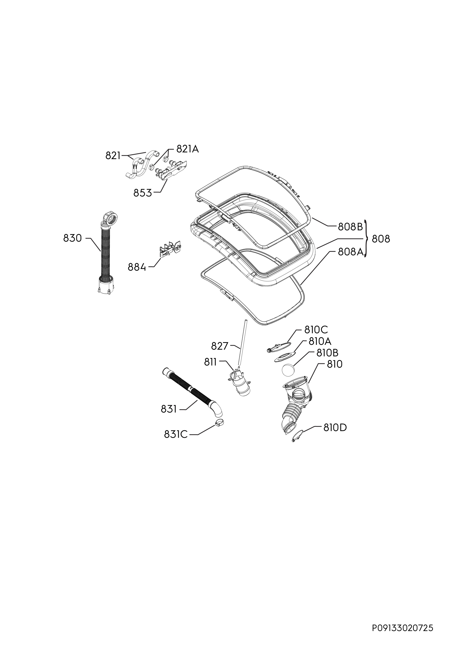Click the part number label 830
point(73,238)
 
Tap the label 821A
point(187,149)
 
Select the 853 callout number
point(142,193)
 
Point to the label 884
point(137,267)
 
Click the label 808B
point(350,227)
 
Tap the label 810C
point(316,329)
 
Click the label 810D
point(335,428)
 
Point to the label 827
point(220,346)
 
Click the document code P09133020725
point(402,620)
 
